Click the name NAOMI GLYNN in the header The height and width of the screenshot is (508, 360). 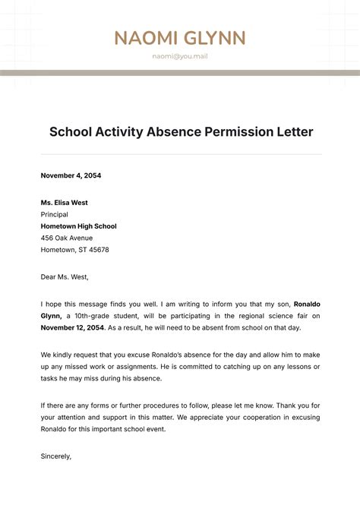180,38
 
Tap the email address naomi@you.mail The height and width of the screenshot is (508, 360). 180,56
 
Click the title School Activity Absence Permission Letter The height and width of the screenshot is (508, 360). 181,132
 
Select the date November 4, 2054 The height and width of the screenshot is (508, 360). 71,175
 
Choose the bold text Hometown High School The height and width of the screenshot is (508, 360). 78,226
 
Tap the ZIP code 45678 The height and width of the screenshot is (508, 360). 99,250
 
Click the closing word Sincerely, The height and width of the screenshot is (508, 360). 56,456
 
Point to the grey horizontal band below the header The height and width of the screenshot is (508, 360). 180,73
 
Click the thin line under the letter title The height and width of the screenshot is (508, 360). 181,154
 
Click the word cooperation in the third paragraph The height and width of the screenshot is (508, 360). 244,417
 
